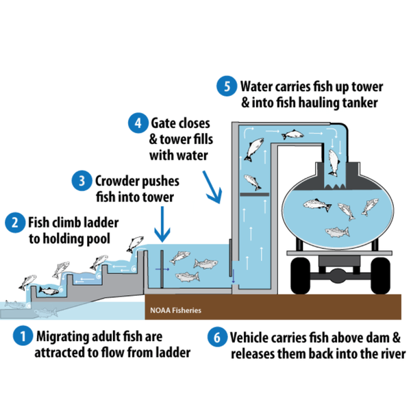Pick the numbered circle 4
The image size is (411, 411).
tap(138, 123)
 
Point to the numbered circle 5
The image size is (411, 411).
tap(226, 87)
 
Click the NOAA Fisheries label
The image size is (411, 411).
tap(176, 310)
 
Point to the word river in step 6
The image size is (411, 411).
tap(388, 353)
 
